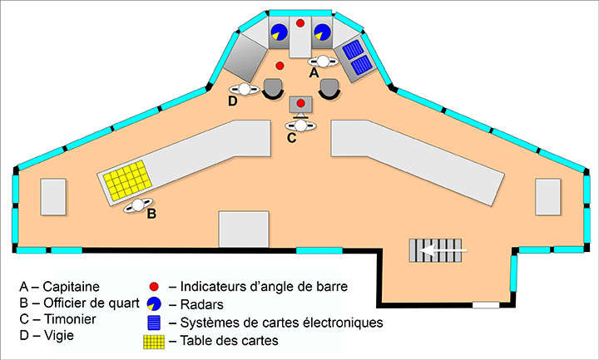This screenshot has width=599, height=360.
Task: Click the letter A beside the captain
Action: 314,73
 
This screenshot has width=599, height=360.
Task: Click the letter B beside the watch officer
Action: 151,214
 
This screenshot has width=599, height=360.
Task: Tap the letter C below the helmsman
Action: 291,138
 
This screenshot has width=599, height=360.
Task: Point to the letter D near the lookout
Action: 233,101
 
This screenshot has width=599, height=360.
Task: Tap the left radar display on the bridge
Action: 279,32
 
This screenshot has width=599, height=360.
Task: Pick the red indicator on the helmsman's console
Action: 300,103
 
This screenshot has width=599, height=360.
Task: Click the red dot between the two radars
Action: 300,22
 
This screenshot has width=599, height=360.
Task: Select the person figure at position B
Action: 137,205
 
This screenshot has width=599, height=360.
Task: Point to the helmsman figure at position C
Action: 300,125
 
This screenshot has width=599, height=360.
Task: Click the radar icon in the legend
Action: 155,303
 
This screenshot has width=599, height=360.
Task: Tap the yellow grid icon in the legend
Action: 152,340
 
